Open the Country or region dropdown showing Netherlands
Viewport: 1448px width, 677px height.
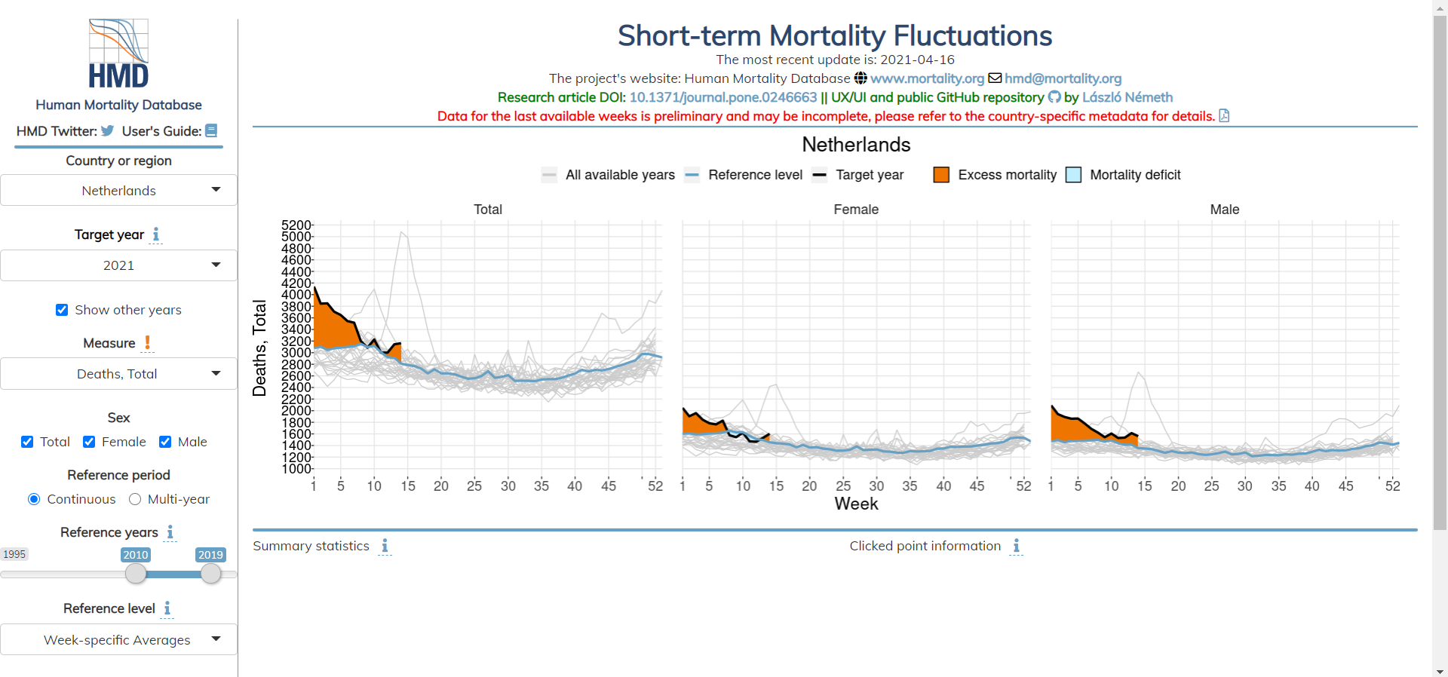click(x=118, y=190)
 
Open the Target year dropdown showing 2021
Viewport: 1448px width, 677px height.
click(x=118, y=265)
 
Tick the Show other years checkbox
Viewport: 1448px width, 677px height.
click(x=62, y=310)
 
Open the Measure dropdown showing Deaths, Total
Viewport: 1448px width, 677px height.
click(x=118, y=374)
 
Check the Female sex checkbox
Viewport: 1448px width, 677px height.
click(x=89, y=442)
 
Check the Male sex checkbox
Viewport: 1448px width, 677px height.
click(x=165, y=442)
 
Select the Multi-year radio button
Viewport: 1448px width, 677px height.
click(x=135, y=499)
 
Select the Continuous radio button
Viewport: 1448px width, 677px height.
click(x=34, y=499)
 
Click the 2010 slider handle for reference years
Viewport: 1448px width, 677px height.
click(x=136, y=574)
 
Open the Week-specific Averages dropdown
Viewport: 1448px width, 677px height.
click(x=118, y=639)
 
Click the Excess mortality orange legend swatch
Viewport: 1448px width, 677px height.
click(x=941, y=175)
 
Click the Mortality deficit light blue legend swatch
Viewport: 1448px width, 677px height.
click(x=1073, y=175)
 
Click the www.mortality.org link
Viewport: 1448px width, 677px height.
click(x=927, y=78)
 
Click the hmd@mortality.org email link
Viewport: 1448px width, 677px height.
click(x=1063, y=78)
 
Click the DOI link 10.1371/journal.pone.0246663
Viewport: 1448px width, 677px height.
click(x=722, y=97)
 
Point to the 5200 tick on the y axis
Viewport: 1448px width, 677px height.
click(x=296, y=225)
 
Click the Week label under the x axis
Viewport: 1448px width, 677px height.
click(x=856, y=504)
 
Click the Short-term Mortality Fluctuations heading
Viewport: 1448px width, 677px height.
click(x=834, y=35)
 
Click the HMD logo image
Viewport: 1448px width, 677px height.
click(x=118, y=54)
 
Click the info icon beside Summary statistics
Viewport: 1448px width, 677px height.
click(x=385, y=546)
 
